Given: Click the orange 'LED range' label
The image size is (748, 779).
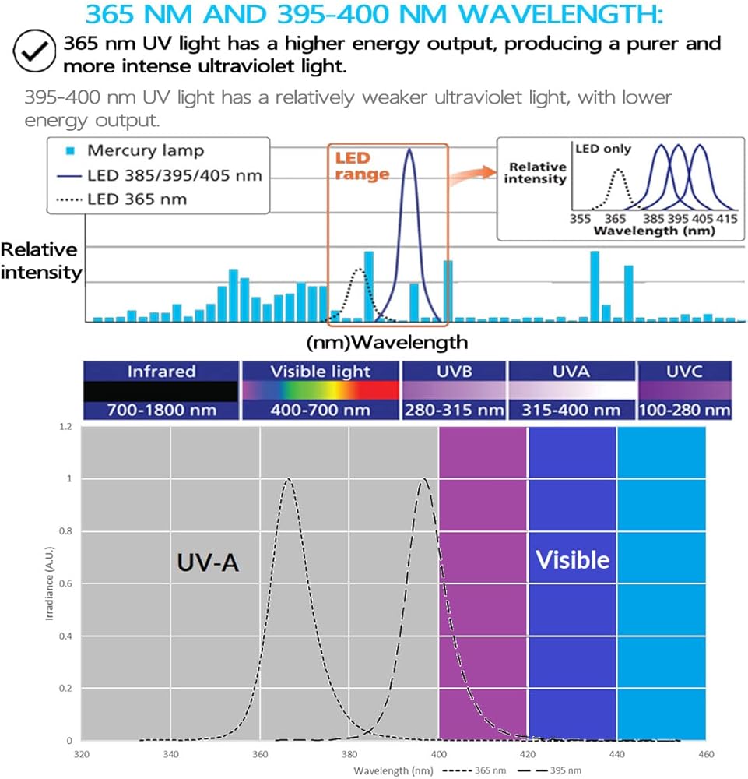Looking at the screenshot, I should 361,167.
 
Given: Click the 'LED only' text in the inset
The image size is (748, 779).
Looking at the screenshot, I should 603,148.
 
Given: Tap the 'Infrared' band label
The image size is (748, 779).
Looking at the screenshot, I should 161,372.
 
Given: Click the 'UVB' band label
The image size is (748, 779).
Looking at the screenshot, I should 453,372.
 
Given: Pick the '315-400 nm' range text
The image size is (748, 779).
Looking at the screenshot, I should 571,410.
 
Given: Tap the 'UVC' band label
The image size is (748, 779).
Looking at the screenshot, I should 684,372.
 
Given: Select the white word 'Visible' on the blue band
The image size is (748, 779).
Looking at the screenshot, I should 573,559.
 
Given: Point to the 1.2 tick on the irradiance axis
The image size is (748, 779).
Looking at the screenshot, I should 65,427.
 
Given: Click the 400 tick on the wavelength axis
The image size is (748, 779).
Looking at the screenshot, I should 439,754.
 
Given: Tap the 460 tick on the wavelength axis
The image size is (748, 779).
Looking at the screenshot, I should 705,754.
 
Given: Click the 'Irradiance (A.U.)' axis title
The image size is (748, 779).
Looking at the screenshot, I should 49,583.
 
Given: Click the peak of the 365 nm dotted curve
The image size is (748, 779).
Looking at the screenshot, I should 289,479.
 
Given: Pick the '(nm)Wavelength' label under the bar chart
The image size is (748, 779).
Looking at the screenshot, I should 388,342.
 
